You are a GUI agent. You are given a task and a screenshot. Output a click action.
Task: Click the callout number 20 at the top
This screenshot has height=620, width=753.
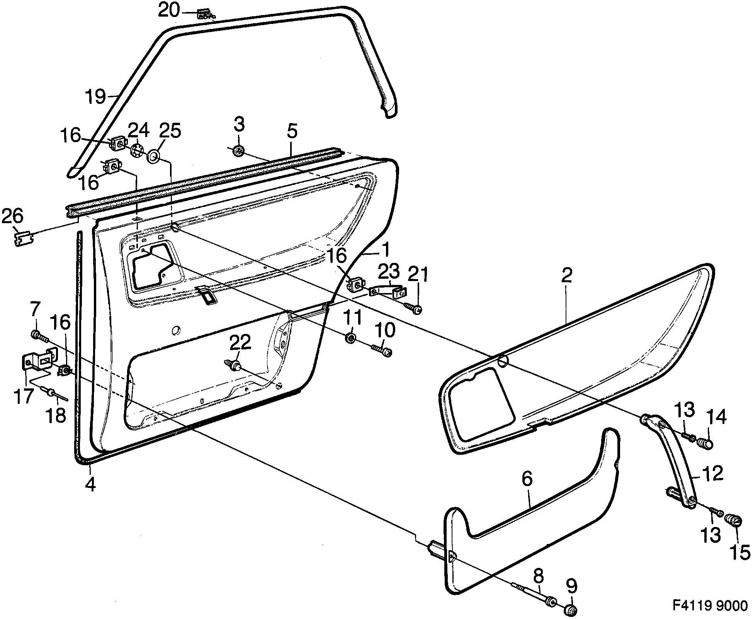tap(169, 10)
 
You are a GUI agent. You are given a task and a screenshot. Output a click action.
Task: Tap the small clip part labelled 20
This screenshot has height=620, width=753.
tap(204, 15)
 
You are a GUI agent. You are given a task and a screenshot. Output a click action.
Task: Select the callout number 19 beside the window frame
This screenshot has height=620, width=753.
tap(95, 96)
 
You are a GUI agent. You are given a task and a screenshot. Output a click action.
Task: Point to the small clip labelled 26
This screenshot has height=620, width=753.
tap(24, 238)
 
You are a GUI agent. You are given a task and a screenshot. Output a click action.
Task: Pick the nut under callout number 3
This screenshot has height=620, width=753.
tap(238, 151)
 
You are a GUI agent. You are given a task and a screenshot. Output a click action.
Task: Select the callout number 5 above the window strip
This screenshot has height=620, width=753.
tap(292, 132)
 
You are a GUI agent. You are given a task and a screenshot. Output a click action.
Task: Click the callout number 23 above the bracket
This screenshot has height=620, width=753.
tap(389, 271)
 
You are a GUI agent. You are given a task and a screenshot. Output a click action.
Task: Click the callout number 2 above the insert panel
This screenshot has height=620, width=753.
tap(566, 275)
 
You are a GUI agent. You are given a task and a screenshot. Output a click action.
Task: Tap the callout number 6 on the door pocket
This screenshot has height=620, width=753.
tap(527, 479)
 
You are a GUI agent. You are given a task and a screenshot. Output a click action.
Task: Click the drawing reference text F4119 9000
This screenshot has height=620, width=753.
tap(710, 606)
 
